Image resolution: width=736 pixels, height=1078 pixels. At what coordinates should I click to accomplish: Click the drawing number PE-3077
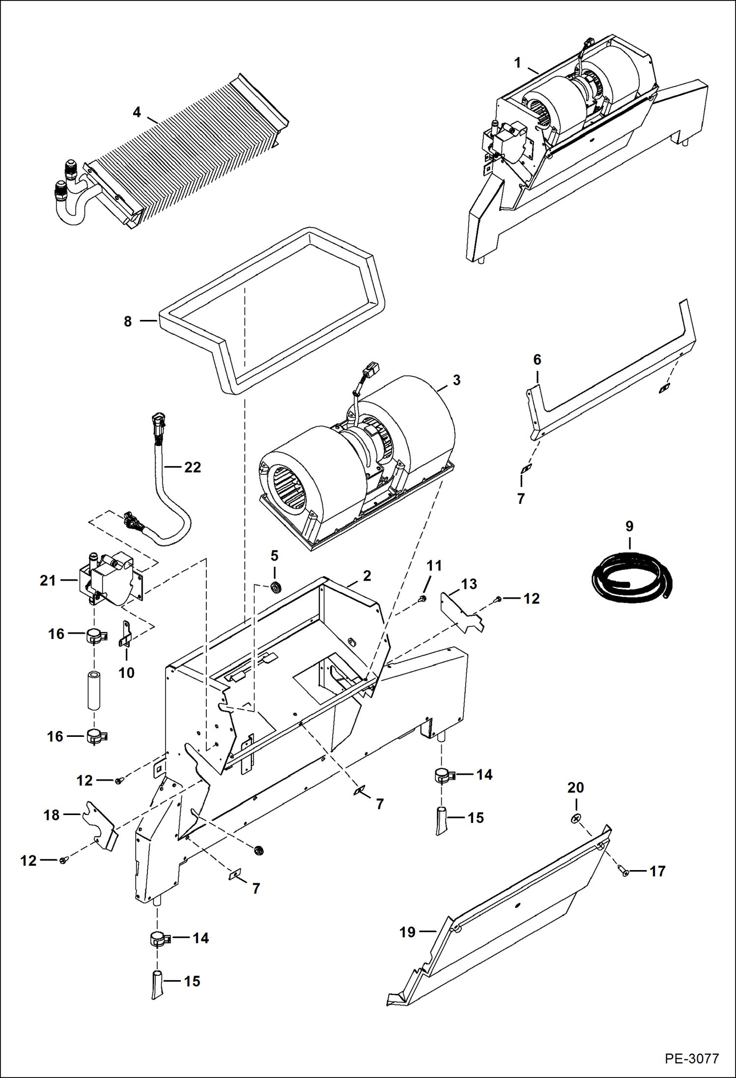pos(692,1058)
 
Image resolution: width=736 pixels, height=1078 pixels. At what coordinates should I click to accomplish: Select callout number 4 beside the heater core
pos(137,113)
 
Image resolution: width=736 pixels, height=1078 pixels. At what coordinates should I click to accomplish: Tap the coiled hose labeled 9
pos(631,578)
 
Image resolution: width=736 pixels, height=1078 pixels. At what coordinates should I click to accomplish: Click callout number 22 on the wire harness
pos(193,467)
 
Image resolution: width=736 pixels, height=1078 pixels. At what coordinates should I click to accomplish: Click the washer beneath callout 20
pos(576,818)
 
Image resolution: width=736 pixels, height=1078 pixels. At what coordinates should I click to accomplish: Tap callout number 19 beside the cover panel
pos(407,932)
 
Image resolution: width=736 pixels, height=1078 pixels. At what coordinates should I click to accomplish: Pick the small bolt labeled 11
pos(422,598)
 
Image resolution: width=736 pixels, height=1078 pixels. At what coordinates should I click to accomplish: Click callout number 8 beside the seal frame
pos(128,321)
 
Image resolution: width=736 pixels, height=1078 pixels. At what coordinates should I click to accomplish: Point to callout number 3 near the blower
pos(456,380)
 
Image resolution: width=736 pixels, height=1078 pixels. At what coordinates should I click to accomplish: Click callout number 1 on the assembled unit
pos(517,63)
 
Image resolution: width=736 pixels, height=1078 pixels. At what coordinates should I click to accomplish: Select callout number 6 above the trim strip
pos(537,360)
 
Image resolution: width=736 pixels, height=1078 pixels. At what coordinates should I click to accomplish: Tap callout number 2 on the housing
pos(367,576)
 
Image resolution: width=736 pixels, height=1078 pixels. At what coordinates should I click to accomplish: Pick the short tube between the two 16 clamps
pos(94,690)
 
